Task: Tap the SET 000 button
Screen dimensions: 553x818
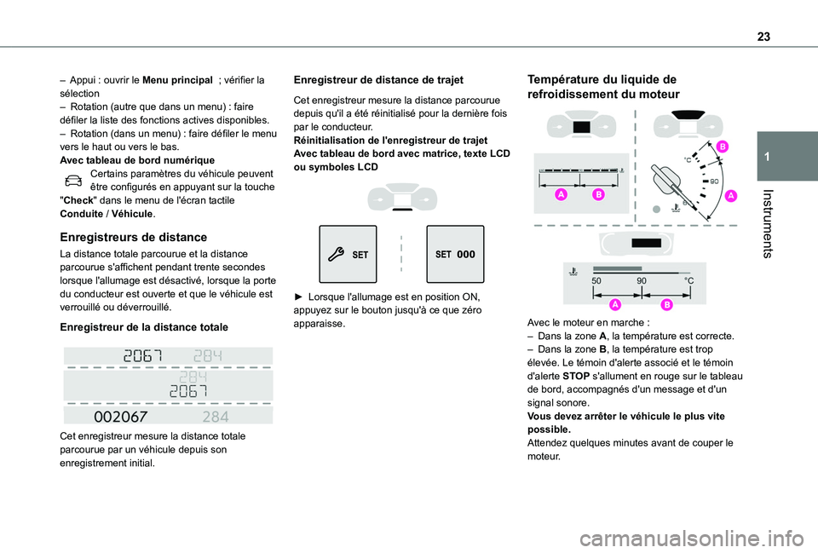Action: click(454, 254)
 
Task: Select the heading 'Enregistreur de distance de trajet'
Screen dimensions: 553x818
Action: click(378, 80)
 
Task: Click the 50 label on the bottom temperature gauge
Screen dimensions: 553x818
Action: click(596, 280)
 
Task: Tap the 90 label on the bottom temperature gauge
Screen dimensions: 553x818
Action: click(642, 280)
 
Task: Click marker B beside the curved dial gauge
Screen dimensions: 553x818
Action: click(722, 147)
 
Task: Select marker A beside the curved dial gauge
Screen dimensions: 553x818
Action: click(730, 196)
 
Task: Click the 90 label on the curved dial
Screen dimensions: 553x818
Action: click(714, 181)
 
